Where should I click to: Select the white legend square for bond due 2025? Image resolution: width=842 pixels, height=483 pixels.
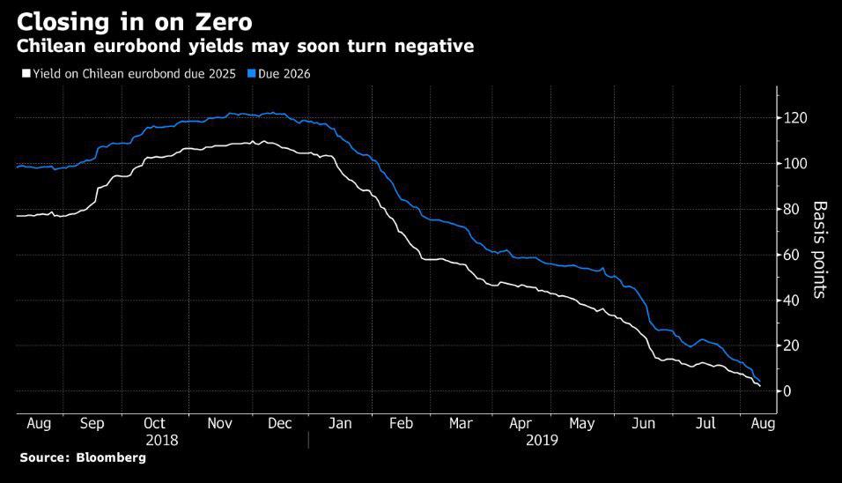click(26, 74)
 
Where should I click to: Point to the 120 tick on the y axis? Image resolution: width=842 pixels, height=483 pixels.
click(796, 118)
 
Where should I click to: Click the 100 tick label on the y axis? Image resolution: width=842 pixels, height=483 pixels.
click(796, 164)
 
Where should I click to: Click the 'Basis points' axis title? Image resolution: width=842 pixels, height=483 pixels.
click(820, 249)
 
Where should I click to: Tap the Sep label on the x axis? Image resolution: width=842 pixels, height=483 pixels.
click(92, 424)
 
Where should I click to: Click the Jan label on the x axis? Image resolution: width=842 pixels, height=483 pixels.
click(340, 424)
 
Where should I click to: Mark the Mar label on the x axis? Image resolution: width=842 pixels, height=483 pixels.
click(461, 424)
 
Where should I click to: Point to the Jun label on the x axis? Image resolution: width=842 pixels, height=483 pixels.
click(645, 424)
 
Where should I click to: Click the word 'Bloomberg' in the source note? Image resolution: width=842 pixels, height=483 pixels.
click(110, 458)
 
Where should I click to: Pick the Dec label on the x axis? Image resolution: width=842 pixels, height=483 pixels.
click(279, 424)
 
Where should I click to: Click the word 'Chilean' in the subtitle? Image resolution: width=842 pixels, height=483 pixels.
click(55, 47)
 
